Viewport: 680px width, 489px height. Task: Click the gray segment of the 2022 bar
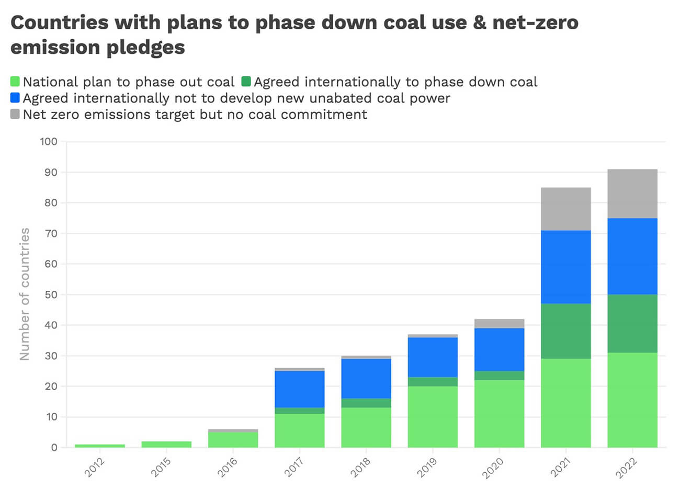point(632,194)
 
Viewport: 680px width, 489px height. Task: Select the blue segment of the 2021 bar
point(566,267)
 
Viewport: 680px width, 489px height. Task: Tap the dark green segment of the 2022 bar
point(632,324)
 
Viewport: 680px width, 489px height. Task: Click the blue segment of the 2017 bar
point(300,389)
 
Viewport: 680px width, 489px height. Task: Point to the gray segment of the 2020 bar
point(499,324)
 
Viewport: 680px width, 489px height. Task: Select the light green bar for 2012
point(100,446)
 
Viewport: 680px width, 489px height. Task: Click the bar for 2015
point(166,445)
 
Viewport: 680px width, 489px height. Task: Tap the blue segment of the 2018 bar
point(366,379)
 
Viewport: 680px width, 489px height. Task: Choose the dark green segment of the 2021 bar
point(566,331)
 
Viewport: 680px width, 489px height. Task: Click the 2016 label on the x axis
point(228,467)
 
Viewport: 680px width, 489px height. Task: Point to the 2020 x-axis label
point(493,467)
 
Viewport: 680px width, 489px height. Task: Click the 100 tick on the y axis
point(48,142)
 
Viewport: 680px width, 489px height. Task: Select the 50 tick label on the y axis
point(50,294)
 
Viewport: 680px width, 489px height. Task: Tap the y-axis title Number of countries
point(25,294)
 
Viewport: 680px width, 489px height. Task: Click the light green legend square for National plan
point(15,82)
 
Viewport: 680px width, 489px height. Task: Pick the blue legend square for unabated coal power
point(15,98)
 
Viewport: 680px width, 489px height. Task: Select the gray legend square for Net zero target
point(15,114)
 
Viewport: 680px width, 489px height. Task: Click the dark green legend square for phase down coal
point(246,82)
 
